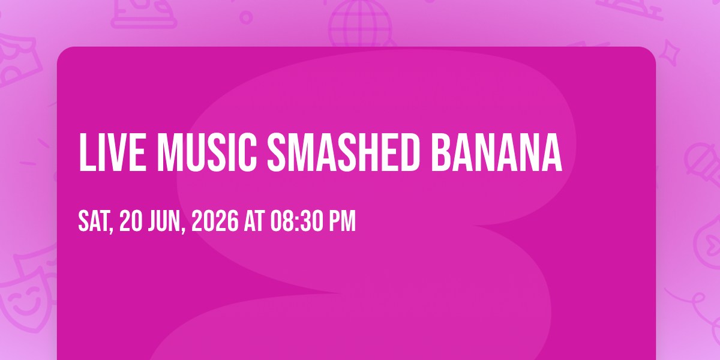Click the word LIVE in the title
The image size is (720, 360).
click(x=113, y=152)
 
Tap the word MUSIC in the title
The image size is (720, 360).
click(x=206, y=152)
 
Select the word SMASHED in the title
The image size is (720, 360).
click(x=344, y=152)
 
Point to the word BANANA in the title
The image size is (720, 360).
click(x=497, y=152)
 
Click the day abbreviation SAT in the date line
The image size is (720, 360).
click(x=93, y=221)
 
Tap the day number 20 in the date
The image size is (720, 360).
click(x=131, y=221)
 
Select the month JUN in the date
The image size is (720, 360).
click(x=164, y=221)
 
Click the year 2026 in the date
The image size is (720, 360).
click(x=215, y=221)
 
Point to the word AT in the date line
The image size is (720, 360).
click(x=254, y=221)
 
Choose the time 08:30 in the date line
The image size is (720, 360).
click(x=296, y=221)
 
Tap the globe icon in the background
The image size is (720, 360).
click(x=360, y=23)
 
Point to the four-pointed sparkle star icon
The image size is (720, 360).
click(x=670, y=53)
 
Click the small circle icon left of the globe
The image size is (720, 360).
click(x=246, y=17)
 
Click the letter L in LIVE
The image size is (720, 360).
click(x=88, y=152)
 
